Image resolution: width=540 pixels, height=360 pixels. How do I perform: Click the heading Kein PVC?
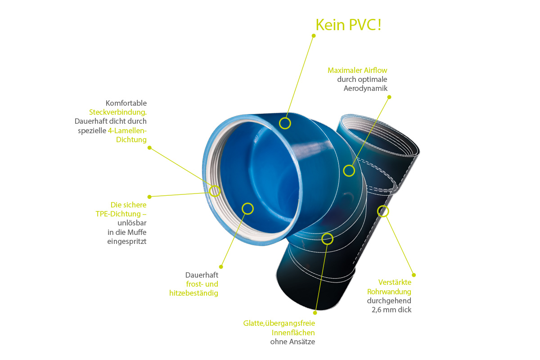(x=348, y=24)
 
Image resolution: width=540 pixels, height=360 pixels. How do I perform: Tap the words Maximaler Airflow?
(x=357, y=70)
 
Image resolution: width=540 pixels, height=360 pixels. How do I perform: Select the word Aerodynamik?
(x=365, y=88)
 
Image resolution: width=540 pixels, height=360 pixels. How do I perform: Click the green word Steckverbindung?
(x=118, y=112)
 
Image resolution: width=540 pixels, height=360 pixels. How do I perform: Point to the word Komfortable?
(x=126, y=103)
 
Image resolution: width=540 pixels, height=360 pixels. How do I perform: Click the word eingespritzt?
(x=127, y=241)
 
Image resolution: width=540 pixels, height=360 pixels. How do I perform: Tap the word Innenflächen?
(x=293, y=333)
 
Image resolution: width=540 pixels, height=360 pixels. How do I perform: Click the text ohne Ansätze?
(x=292, y=342)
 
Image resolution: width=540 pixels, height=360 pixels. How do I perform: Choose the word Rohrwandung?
(x=389, y=292)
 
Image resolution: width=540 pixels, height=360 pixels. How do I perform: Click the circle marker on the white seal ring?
(x=215, y=191)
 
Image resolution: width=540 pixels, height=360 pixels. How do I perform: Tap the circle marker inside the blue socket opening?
(x=247, y=208)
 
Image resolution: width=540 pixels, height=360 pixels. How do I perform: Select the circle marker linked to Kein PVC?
(x=284, y=123)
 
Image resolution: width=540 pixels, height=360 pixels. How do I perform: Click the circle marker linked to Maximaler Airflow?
(x=349, y=171)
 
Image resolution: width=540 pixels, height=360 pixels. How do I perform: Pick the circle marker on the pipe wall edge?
(x=382, y=211)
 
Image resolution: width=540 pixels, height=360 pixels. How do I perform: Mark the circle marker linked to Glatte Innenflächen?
(x=328, y=238)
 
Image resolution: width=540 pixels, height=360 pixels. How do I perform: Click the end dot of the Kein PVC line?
(x=314, y=35)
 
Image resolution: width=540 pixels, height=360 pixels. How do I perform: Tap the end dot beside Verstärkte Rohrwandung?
(x=414, y=274)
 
